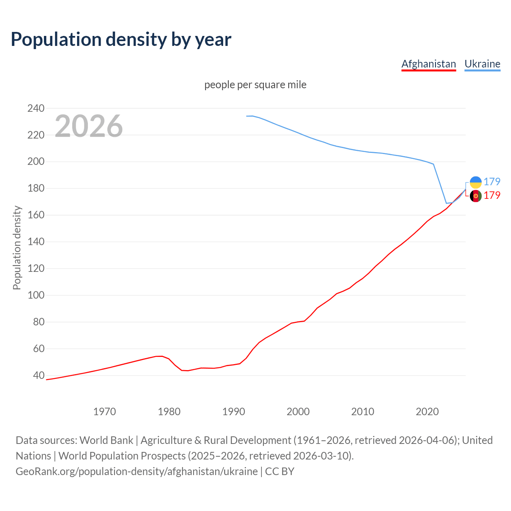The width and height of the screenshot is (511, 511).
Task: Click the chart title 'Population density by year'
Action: click(121, 39)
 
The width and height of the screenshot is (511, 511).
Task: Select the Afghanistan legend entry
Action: click(428, 64)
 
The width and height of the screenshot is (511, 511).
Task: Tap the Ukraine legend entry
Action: click(482, 64)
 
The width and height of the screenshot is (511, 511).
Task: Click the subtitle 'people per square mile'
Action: click(255, 85)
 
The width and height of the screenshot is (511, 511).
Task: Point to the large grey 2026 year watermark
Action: click(89, 126)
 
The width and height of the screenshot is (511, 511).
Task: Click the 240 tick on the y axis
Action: click(36, 108)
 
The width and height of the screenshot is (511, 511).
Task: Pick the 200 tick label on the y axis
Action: click(36, 162)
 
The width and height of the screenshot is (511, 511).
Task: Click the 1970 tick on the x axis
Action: click(105, 412)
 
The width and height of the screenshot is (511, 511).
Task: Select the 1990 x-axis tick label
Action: click(234, 412)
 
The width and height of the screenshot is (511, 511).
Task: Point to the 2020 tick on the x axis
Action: click(427, 412)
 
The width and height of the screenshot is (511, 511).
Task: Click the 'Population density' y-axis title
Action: click(17, 248)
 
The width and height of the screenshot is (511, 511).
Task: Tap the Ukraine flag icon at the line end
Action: click(475, 182)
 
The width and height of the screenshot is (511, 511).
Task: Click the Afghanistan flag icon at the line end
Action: click(475, 196)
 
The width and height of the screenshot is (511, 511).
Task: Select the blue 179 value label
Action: click(492, 182)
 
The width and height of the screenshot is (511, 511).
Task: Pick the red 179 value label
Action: click(492, 195)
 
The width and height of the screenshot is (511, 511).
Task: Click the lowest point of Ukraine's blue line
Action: click(447, 203)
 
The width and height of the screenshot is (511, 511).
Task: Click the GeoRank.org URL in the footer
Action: click(137, 471)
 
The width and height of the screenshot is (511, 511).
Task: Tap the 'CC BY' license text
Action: click(279, 471)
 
